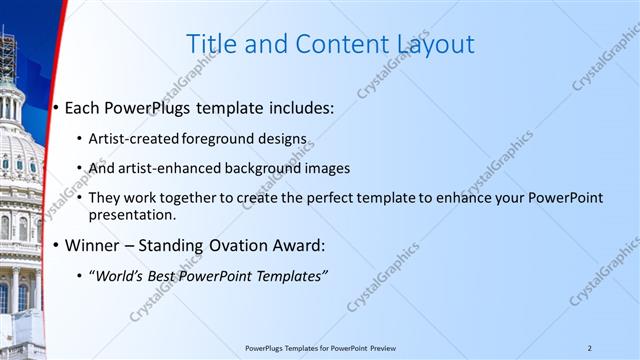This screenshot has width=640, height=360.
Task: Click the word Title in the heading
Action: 212,44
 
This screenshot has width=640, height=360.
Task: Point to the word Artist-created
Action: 131,139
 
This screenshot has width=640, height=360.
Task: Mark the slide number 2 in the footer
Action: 589,348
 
